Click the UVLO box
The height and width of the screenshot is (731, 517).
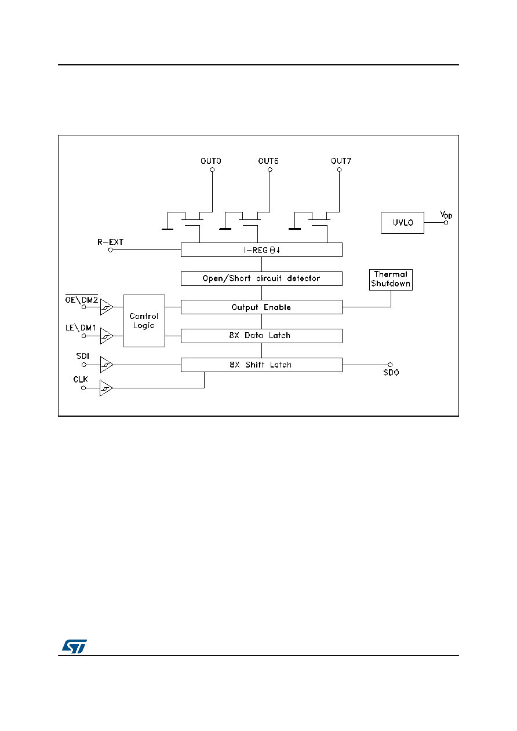(x=402, y=223)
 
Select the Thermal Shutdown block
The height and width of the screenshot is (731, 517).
(x=391, y=280)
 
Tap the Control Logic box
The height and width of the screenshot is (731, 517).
(x=144, y=321)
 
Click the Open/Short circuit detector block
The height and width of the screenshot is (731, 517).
(x=261, y=278)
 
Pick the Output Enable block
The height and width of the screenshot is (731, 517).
(x=261, y=307)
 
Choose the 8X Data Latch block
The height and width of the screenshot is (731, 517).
(x=261, y=336)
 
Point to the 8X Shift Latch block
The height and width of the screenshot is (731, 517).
(x=261, y=365)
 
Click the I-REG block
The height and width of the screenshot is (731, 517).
(x=261, y=249)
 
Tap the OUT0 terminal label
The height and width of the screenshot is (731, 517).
(x=211, y=161)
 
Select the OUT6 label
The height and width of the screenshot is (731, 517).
(x=268, y=161)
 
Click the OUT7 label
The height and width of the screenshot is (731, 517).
(x=341, y=161)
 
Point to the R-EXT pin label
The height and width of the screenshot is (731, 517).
(x=111, y=242)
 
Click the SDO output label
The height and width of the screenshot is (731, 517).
(x=391, y=372)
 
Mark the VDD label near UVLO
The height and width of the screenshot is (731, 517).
(x=446, y=215)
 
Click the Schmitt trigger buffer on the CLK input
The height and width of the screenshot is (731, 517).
(x=106, y=388)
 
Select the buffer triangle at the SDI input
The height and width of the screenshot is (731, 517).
(x=107, y=365)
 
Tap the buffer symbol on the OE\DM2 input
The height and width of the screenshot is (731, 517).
(x=107, y=307)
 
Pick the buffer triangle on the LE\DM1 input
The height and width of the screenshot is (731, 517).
(x=107, y=336)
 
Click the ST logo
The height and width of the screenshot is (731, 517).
(x=74, y=646)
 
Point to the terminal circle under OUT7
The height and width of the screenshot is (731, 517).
(x=339, y=170)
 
